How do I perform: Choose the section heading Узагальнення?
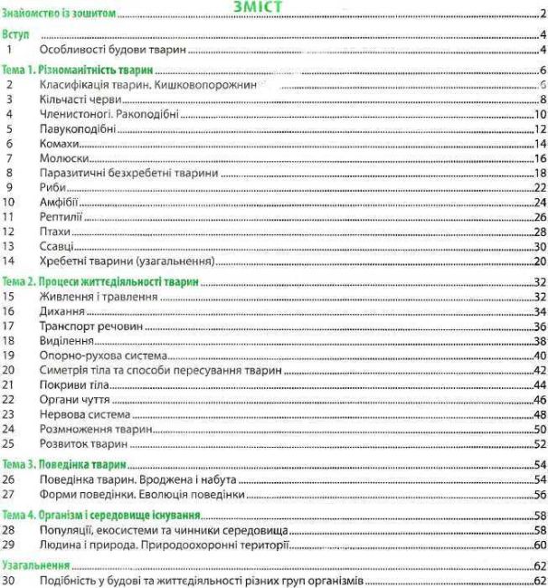click(x=37, y=563)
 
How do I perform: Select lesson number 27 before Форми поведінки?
click(x=12, y=494)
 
